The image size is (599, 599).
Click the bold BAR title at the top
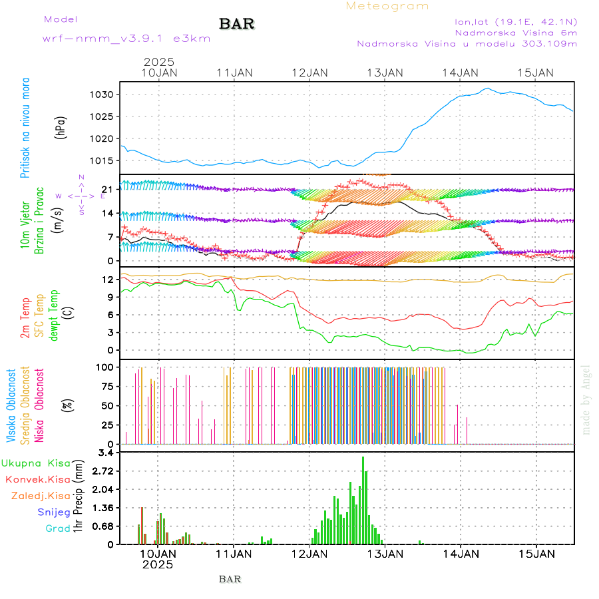pyautogui.click(x=236, y=25)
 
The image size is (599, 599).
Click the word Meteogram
pyautogui.click(x=387, y=6)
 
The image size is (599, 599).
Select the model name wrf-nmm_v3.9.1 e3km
pyautogui.click(x=126, y=39)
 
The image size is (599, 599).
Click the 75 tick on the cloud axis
pyautogui.click(x=107, y=386)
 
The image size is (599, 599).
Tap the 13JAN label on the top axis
pyautogui.click(x=385, y=73)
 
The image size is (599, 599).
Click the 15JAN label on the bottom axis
pyautogui.click(x=536, y=553)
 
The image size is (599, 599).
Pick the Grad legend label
pyautogui.click(x=57, y=528)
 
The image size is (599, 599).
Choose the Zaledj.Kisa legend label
pyautogui.click(x=41, y=495)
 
